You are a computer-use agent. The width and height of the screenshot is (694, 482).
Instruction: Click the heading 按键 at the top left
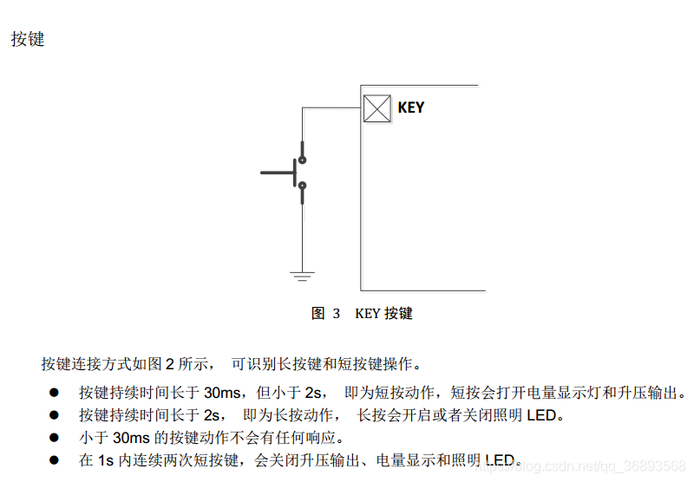click(28, 39)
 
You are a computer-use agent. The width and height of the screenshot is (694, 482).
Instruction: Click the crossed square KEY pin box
click(376, 107)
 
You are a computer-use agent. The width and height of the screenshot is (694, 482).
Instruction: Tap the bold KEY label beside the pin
click(411, 107)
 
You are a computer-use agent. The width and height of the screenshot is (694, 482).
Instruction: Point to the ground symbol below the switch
click(302, 277)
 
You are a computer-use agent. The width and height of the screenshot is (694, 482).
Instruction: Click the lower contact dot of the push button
click(302, 184)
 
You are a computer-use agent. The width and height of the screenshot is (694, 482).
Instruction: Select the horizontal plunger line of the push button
click(278, 173)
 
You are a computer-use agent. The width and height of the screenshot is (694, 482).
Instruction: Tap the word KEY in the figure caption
click(368, 314)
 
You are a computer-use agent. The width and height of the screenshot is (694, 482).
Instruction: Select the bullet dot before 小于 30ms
click(54, 438)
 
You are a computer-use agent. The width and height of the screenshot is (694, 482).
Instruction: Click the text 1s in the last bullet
click(105, 460)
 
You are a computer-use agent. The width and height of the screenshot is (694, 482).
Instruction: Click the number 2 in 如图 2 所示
click(170, 363)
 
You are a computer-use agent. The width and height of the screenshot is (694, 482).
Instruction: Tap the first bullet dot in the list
click(54, 392)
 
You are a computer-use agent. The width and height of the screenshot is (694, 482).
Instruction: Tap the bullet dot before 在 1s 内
click(54, 460)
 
